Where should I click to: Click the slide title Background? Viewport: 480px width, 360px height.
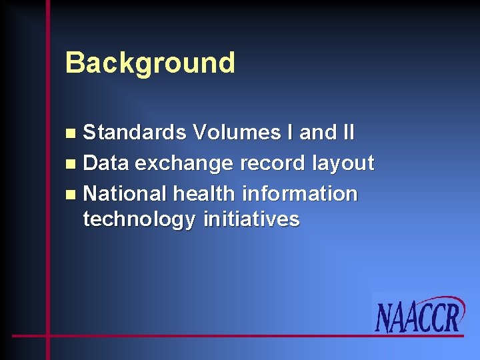(x=150, y=63)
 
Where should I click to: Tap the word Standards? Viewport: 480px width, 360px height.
(x=135, y=133)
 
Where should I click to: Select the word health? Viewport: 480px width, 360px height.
(x=205, y=194)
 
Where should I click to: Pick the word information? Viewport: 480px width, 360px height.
(x=300, y=194)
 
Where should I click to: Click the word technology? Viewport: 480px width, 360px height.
(x=139, y=219)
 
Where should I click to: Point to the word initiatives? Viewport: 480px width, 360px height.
(x=251, y=219)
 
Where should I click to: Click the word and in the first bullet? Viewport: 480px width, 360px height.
(x=317, y=133)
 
